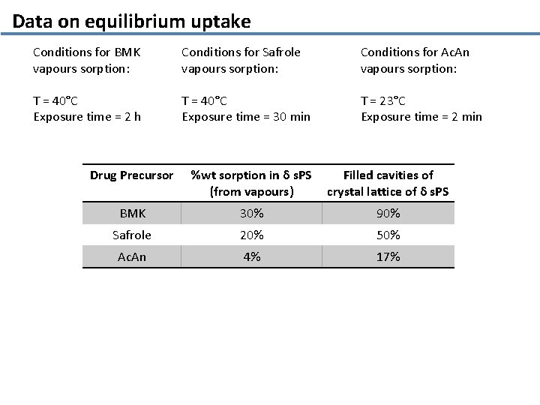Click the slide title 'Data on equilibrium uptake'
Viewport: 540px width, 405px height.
pos(131,21)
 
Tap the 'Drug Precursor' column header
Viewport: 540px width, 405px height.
pos(131,175)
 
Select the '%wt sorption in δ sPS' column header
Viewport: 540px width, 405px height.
pos(251,183)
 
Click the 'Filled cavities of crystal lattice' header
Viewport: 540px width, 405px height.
pos(388,183)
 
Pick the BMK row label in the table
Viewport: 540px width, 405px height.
pos(131,214)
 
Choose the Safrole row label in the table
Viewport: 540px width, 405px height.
pos(131,235)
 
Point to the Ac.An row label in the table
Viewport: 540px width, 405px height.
pos(131,256)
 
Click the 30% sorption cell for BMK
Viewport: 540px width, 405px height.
pos(251,214)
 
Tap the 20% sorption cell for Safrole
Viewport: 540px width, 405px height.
pos(251,235)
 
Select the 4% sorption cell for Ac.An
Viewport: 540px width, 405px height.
pos(251,256)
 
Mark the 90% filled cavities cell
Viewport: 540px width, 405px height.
pos(388,214)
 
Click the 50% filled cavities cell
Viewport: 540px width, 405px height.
pos(388,235)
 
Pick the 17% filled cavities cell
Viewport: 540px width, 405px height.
pos(388,256)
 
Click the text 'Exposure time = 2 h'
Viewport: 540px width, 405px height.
pos(87,116)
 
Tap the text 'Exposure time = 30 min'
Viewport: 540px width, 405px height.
pos(245,116)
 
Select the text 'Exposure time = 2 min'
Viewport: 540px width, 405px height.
pos(421,116)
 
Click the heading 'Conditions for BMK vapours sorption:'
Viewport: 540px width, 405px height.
pos(87,60)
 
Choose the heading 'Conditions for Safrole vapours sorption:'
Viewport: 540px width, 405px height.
pos(240,60)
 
